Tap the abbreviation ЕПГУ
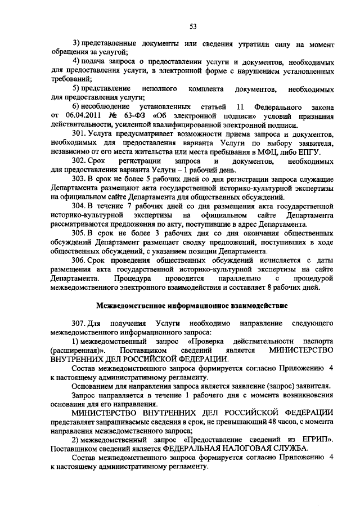click(x=309, y=152)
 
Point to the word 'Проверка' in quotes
click(x=206, y=342)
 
